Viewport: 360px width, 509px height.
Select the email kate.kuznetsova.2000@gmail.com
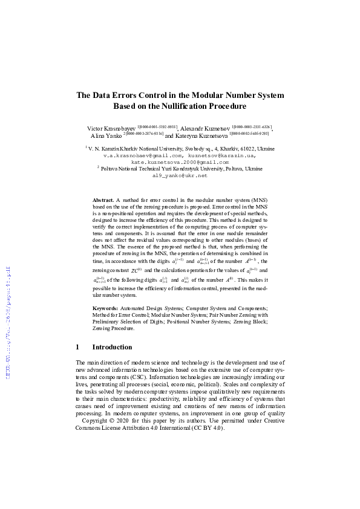(180, 162)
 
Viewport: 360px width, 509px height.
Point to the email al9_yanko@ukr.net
(180, 175)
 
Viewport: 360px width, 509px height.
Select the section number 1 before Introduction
(77, 347)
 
